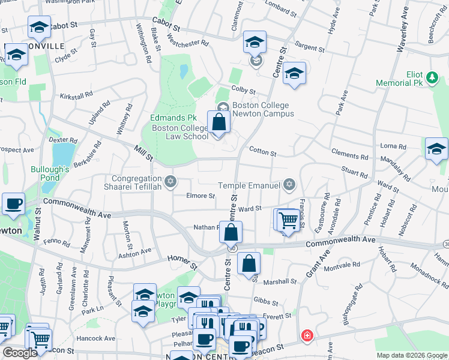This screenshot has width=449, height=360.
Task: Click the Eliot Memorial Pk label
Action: click(x=399, y=78)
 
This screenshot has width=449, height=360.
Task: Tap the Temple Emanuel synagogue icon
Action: click(x=289, y=185)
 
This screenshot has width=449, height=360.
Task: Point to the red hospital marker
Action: click(x=307, y=335)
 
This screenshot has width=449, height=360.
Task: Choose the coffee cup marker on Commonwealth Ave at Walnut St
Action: click(x=13, y=204)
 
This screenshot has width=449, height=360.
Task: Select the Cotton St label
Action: click(x=262, y=154)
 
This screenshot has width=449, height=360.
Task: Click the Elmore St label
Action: click(x=200, y=196)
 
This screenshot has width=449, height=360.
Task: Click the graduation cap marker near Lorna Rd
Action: click(x=436, y=149)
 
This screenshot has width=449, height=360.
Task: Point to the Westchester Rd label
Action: click(x=188, y=43)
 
